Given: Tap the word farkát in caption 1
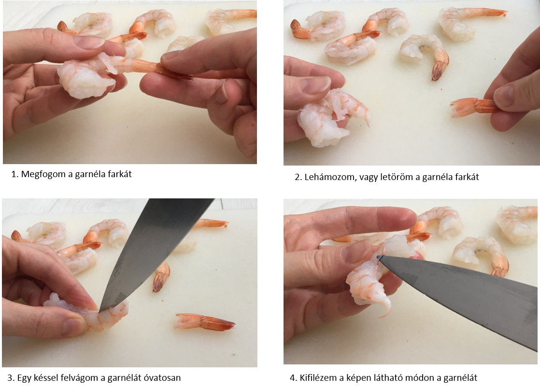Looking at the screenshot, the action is pyautogui.click(x=120, y=174).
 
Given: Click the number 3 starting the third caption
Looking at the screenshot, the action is pyautogui.click(x=10, y=378).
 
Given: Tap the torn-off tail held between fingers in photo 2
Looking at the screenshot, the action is pyautogui.click(x=473, y=106).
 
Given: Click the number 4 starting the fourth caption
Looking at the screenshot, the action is pyautogui.click(x=293, y=378).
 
